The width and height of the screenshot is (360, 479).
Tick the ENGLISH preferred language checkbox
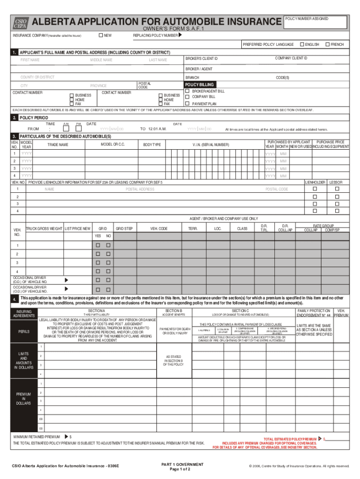302,44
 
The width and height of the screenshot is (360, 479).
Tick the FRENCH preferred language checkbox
327,44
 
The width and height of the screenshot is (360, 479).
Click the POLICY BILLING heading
200,85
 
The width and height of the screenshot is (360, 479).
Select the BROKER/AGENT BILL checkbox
187,91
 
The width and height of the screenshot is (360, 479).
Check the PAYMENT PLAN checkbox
187,103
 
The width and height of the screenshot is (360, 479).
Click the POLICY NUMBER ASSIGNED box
316,22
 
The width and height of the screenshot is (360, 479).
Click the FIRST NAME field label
29,60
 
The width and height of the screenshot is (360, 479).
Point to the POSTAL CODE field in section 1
143,85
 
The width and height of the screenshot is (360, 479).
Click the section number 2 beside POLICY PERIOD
15,118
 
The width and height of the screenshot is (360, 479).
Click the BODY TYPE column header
152,145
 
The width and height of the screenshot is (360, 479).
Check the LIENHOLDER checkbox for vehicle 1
315,189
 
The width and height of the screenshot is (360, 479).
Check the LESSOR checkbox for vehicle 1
336,189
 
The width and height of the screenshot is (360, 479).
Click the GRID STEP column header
124,228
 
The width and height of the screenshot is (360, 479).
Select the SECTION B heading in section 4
174,311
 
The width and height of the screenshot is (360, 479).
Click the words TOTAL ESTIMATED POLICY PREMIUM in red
290,439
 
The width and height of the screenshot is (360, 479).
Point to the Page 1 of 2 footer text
182,469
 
